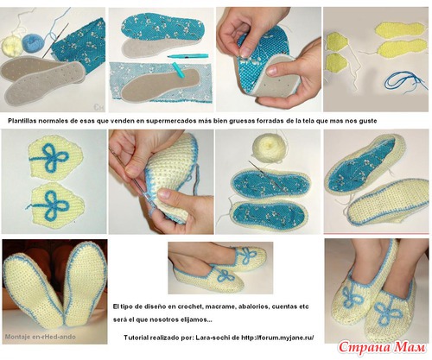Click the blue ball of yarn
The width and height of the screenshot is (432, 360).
(x=33, y=43)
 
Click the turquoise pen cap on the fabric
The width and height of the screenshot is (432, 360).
(x=179, y=71)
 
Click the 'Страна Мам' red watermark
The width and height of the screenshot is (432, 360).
(x=382, y=348)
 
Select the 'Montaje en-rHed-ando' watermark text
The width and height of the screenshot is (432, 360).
(x=41, y=337)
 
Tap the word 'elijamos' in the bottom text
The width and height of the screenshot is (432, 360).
(x=194, y=319)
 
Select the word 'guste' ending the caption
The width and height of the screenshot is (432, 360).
(x=368, y=121)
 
